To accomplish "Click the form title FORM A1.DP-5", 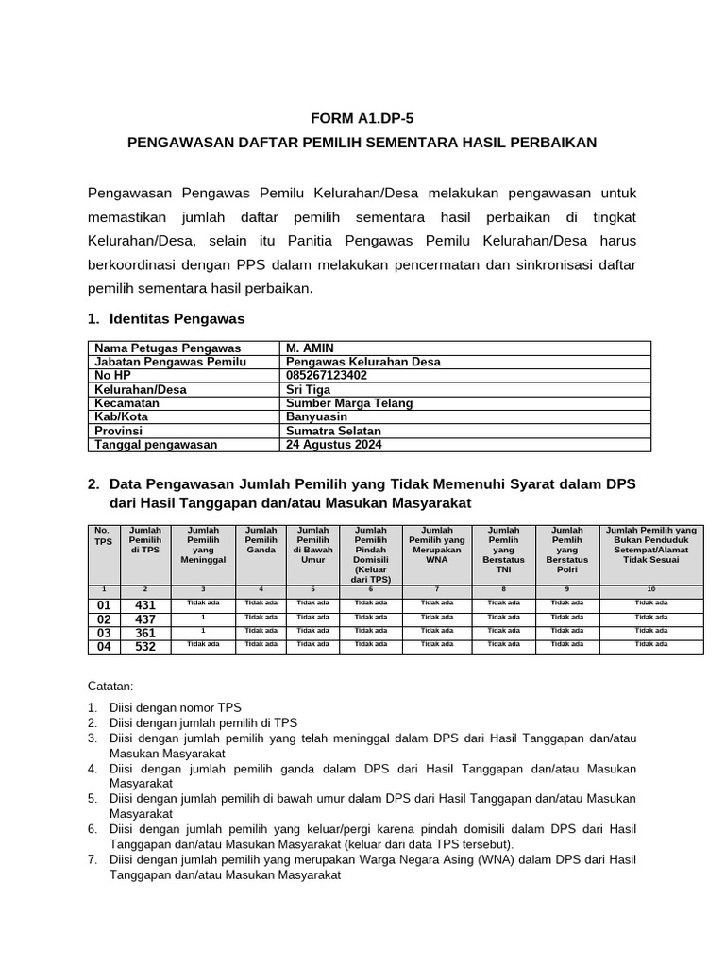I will (362, 118).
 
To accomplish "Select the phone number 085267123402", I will (327, 376).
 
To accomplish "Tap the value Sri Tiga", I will (309, 389).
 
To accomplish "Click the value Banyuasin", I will (316, 416).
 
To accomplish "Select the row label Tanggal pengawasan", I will (155, 444).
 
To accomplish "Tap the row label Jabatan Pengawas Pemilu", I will (170, 362).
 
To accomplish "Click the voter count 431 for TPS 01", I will (145, 605).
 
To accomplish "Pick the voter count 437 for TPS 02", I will (145, 619).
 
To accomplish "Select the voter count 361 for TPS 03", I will (145, 633).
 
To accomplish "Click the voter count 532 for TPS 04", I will (145, 647).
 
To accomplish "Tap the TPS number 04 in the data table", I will (104, 647).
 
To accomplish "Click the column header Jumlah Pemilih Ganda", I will (261, 539).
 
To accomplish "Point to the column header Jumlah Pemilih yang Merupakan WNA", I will (436, 544).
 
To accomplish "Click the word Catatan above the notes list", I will (110, 686).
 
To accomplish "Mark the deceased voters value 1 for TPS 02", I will (203, 617).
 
